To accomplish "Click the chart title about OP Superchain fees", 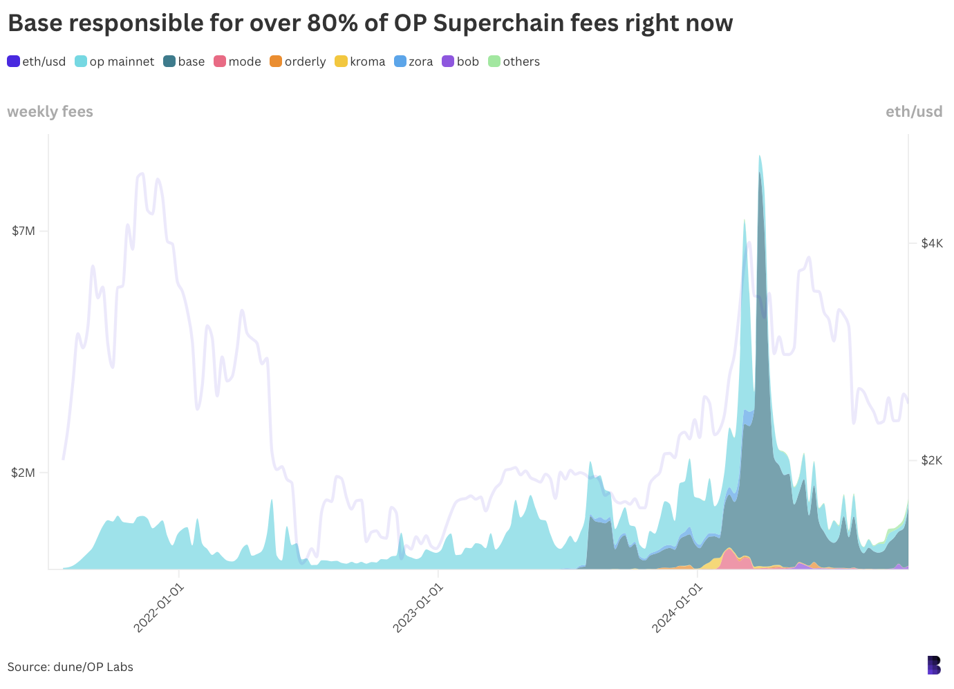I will (370, 23).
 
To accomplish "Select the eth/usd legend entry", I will (37, 62).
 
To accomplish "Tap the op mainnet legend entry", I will (115, 62).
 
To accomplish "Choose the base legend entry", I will (184, 62).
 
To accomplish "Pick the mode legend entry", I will (238, 62).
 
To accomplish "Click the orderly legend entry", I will (298, 62).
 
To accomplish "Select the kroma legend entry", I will (360, 62).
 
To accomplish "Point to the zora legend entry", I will (413, 62).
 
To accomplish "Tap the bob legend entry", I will (460, 62).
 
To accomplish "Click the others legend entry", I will (514, 62).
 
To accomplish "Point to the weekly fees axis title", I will (50, 112).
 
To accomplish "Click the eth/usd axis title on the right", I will (914, 112).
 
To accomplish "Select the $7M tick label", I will (24, 231).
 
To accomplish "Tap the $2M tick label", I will (24, 473).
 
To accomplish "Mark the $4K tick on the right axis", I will (931, 243).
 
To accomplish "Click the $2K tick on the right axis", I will (931, 460).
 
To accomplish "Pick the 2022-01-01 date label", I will (159, 607).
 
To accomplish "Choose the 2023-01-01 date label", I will (418, 607).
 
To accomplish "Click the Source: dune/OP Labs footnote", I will (71, 667).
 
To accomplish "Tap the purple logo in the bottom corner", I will (934, 665).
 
